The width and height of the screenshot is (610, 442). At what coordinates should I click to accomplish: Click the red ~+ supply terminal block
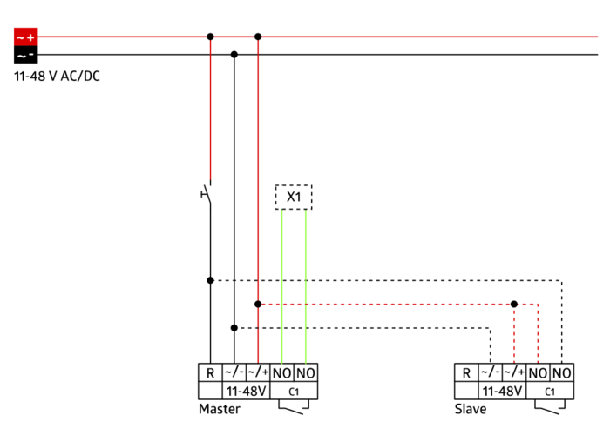pos(25,37)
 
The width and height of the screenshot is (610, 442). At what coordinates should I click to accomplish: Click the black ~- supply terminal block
pos(25,54)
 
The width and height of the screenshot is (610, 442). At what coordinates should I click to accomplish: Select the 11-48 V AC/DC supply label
pos(57,76)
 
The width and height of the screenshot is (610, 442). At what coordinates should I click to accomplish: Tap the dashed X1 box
pos(294,198)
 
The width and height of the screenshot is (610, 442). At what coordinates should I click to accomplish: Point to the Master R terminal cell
pos(210,373)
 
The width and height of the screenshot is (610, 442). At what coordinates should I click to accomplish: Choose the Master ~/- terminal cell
pos(234,373)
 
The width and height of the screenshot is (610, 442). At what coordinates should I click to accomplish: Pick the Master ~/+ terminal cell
pos(258,373)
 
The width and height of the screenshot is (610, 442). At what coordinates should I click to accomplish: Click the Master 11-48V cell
pos(246,391)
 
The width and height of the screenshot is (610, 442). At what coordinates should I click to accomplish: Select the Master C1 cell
pos(294,391)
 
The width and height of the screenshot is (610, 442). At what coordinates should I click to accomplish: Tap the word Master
pos(220,409)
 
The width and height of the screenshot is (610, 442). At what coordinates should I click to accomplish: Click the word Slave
pos(471,409)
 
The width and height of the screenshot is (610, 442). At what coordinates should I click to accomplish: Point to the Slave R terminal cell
pos(466,373)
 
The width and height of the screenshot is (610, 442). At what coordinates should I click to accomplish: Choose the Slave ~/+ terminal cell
pos(514,373)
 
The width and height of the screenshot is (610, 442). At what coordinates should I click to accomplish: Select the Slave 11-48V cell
pos(502,391)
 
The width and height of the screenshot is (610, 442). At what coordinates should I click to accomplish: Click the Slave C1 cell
pos(550,391)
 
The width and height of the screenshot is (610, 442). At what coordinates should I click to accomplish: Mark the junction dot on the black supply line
pos(234,54)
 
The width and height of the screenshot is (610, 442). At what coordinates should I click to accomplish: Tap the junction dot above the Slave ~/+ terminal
pos(514,305)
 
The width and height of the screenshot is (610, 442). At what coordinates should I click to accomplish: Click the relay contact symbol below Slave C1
pos(550,408)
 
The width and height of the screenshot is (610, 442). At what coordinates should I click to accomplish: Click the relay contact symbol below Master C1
pos(294,408)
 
